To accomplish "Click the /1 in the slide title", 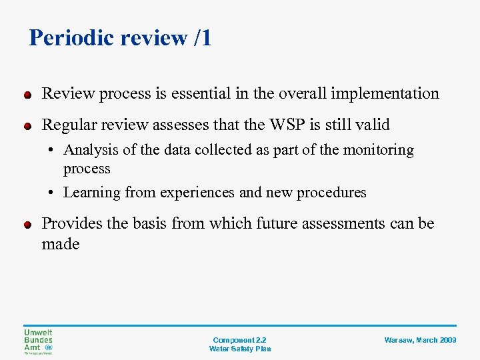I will [x=201, y=38].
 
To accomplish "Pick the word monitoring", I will [x=378, y=151].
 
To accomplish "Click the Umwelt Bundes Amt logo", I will [x=39, y=341].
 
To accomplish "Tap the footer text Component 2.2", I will [x=240, y=340].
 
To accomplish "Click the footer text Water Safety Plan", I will [x=240, y=349].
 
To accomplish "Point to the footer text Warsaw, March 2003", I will [x=420, y=340].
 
